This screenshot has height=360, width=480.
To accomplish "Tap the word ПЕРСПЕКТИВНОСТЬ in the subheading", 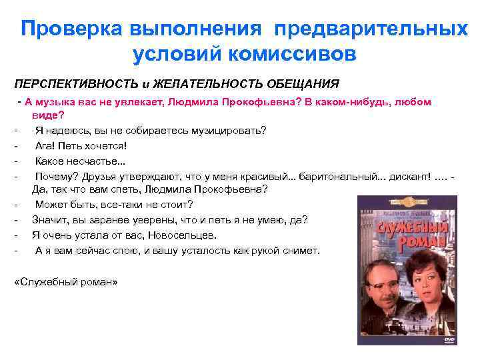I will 75,85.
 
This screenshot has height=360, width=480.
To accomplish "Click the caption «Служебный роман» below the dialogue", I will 65,281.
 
